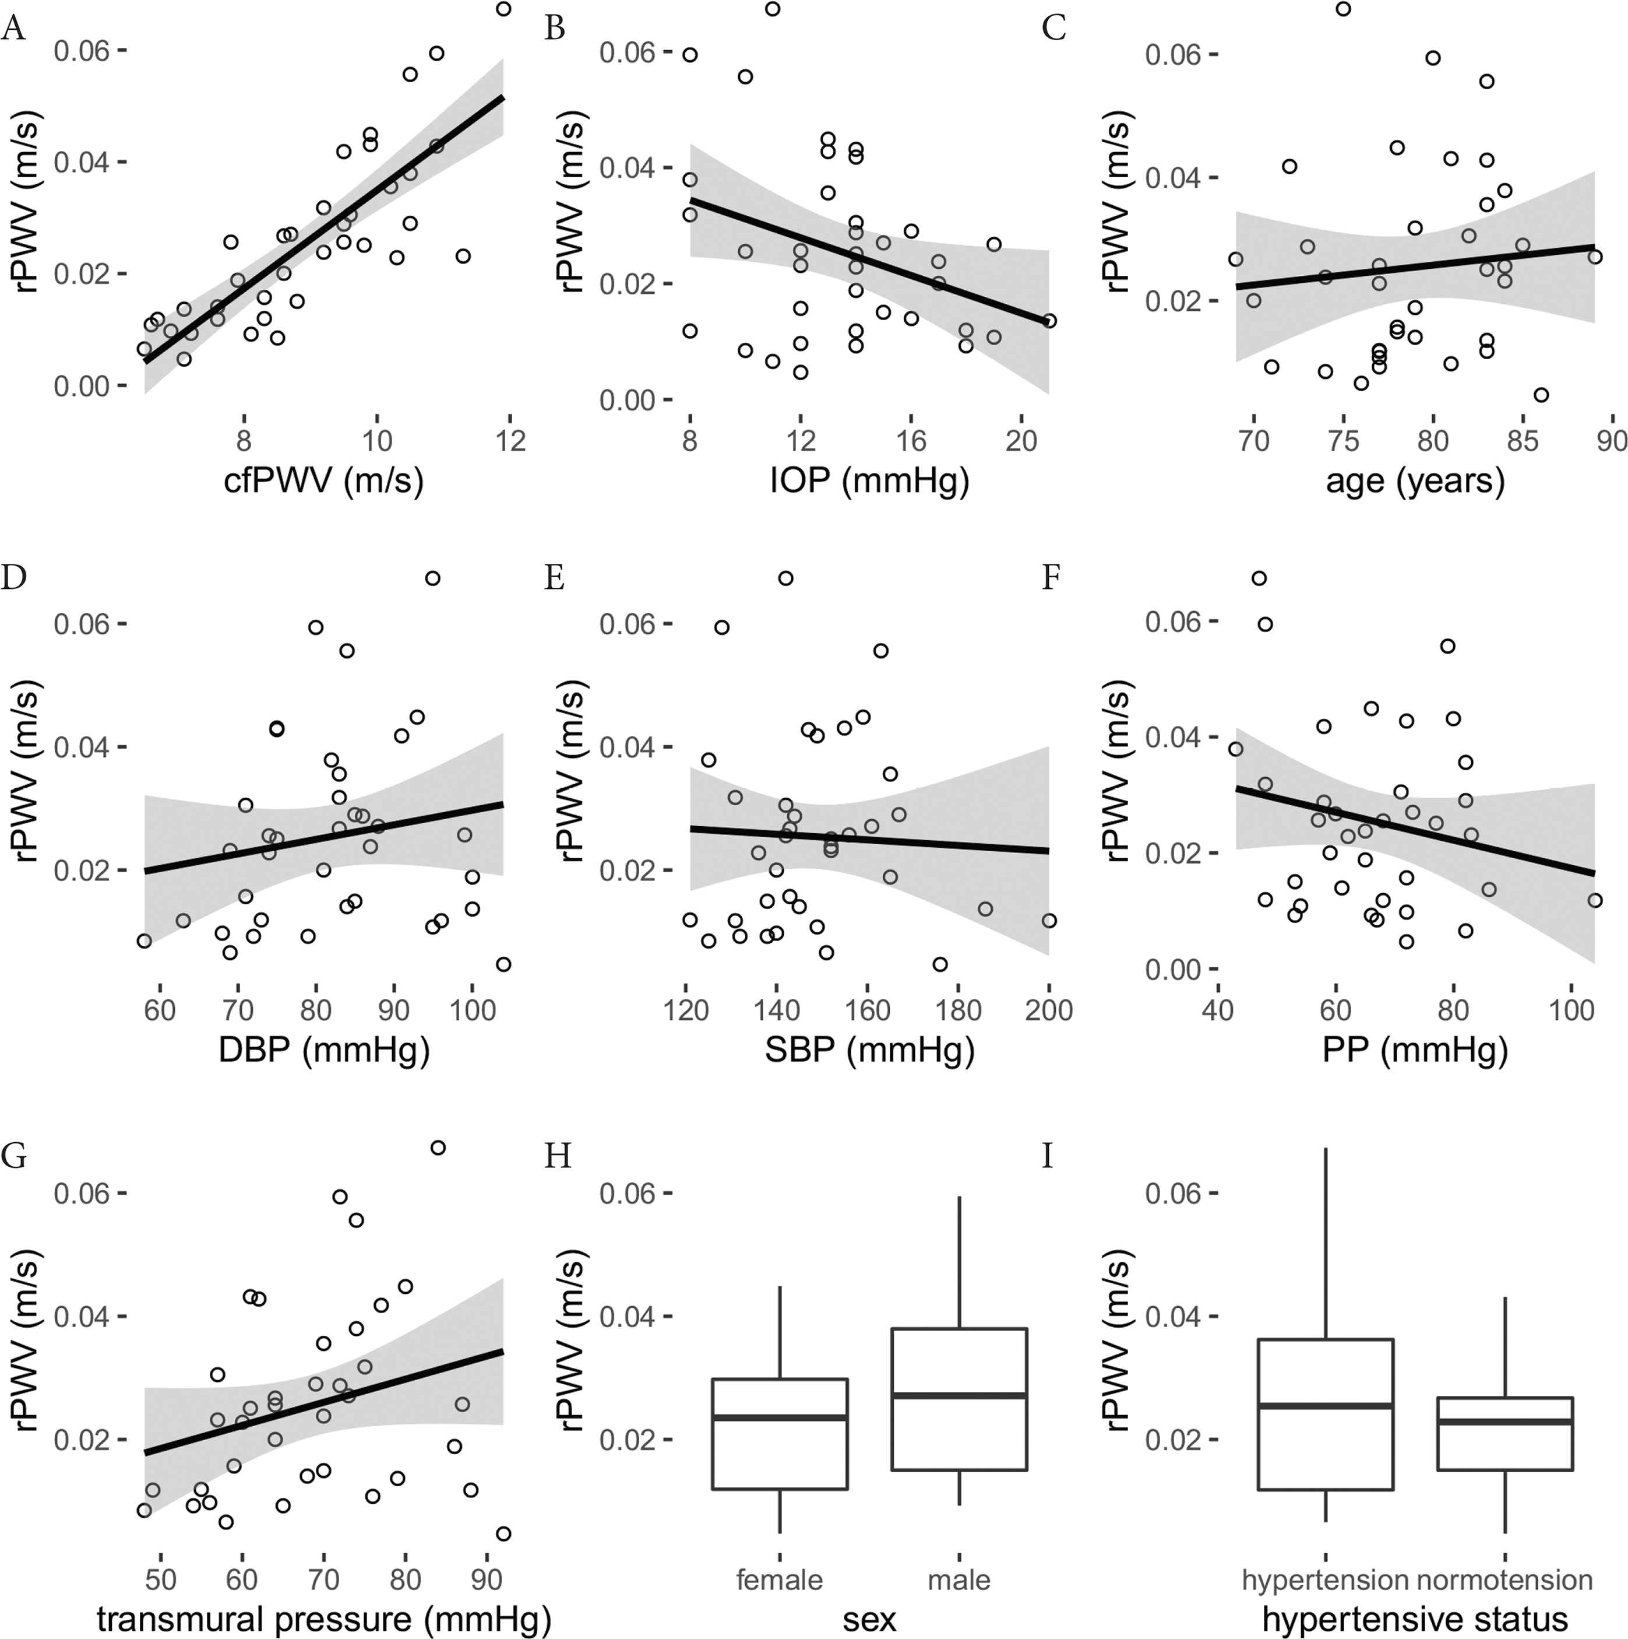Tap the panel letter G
(x=13, y=1156)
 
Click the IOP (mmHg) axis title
(x=869, y=481)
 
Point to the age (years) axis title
(x=1414, y=481)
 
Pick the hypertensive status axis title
(x=1414, y=1619)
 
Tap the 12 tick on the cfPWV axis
(x=510, y=440)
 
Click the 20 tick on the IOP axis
(x=1022, y=440)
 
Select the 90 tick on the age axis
(x=1612, y=440)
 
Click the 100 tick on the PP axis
(x=1571, y=1009)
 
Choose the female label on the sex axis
(x=779, y=1580)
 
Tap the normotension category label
(x=1505, y=1580)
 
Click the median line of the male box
(x=959, y=1395)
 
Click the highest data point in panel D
(x=432, y=578)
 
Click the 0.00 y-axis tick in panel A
(x=82, y=387)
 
